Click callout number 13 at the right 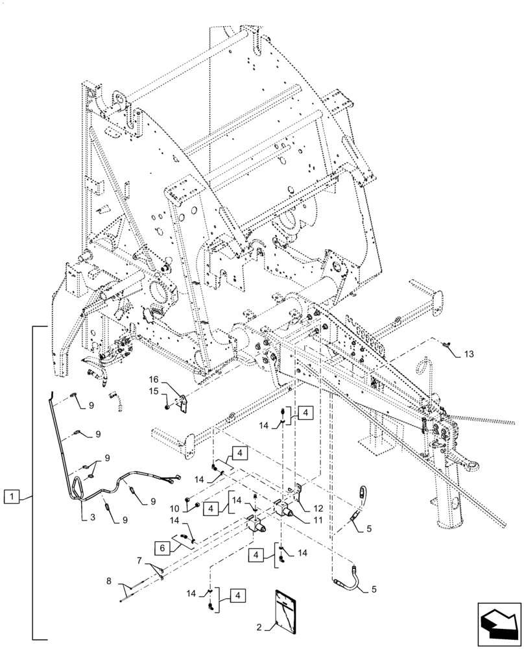pyautogui.click(x=469, y=354)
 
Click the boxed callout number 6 pyautogui.click(x=163, y=548)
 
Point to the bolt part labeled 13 pyautogui.click(x=447, y=345)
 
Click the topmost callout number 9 pyautogui.click(x=91, y=405)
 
